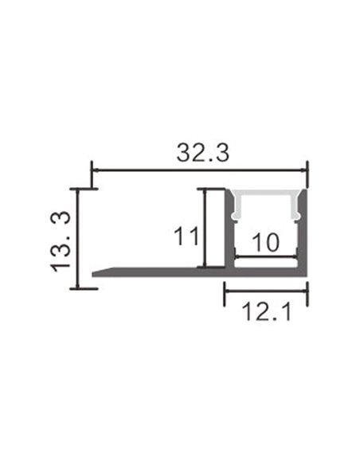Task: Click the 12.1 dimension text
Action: [264, 312]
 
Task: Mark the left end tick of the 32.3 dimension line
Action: [92, 169]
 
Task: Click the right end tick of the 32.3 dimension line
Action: [307, 169]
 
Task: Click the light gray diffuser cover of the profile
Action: [266, 197]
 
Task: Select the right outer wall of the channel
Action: [304, 231]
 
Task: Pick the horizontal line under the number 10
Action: [266, 256]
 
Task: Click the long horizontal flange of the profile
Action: [159, 272]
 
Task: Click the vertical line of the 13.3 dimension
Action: [77, 239]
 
